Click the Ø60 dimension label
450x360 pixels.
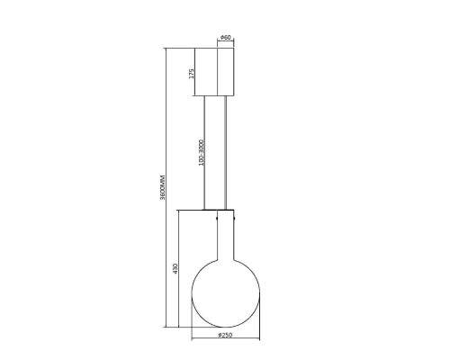[x=225, y=38]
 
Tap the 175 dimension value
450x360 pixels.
[x=192, y=74]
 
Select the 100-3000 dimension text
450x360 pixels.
[x=201, y=152]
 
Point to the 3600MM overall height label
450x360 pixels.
[x=162, y=187]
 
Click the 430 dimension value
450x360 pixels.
[x=175, y=268]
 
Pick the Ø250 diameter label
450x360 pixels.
[x=225, y=335]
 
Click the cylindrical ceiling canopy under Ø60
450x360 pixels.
[x=225, y=72]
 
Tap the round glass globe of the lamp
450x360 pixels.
[x=225, y=293]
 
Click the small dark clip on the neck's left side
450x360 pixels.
[x=217, y=218]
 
